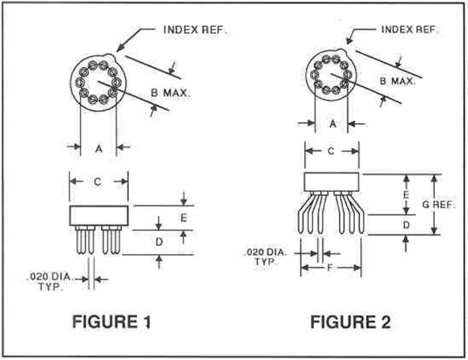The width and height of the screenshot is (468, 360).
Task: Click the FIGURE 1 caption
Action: click(111, 322)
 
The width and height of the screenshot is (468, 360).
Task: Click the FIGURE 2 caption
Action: click(350, 322)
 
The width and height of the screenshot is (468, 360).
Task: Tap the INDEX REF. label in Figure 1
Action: click(195, 30)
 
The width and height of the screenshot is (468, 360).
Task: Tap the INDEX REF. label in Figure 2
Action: click(409, 29)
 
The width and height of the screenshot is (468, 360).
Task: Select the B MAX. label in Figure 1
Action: click(170, 93)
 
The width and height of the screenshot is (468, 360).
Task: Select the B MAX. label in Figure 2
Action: click(398, 81)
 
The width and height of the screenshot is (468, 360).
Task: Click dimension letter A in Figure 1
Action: click(99, 148)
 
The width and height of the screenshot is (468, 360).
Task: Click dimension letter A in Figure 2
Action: click(333, 123)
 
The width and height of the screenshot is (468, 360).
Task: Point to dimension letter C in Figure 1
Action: click(97, 182)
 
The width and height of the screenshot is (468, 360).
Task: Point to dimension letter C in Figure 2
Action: click(331, 151)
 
